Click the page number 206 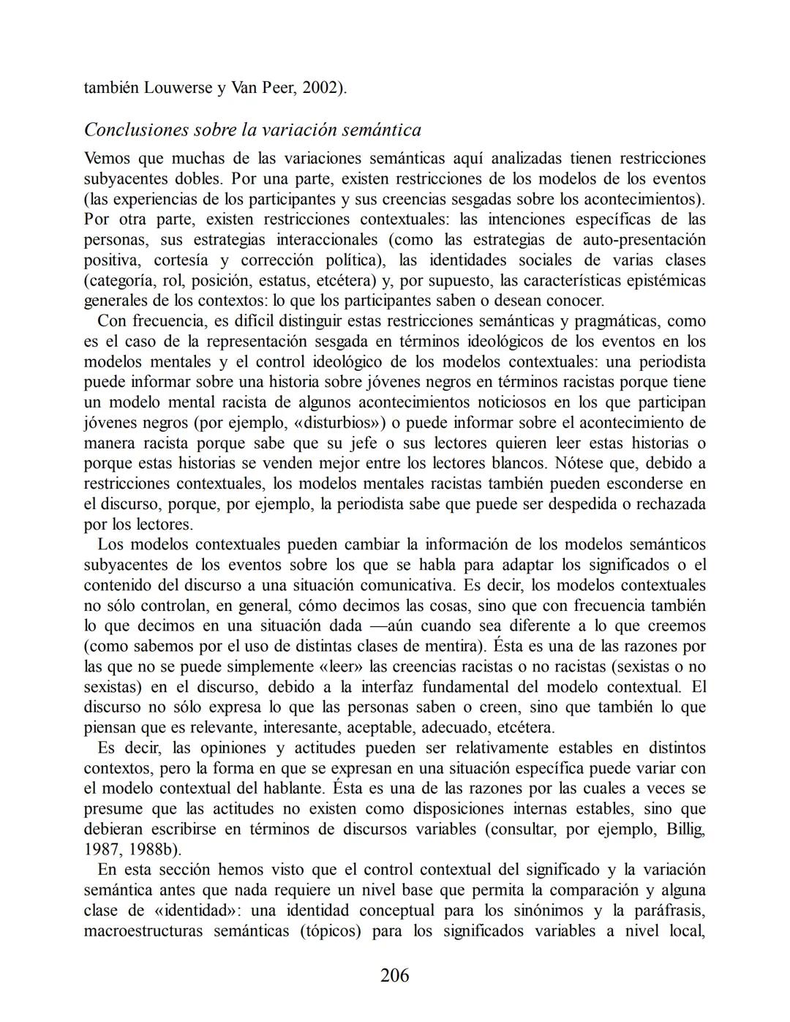tap(394, 975)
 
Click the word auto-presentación tap(644, 240)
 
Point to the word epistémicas tap(668, 281)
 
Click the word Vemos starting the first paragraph tap(107, 159)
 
